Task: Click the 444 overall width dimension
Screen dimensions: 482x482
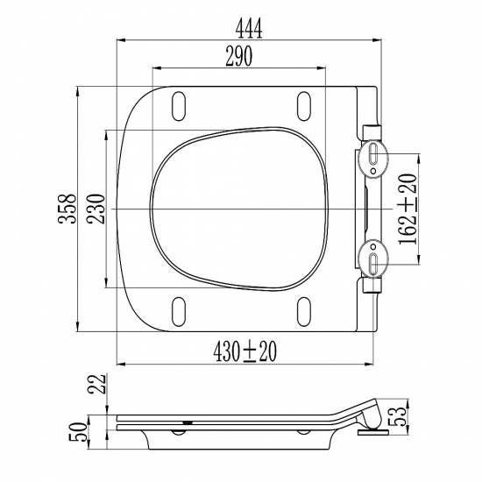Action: (x=249, y=29)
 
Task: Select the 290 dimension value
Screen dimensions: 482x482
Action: (x=239, y=56)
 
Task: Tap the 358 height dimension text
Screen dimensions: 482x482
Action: (x=67, y=209)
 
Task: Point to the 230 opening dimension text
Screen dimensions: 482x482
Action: (x=96, y=209)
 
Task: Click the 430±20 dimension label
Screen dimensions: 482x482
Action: (x=245, y=351)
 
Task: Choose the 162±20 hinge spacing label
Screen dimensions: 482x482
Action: (x=408, y=209)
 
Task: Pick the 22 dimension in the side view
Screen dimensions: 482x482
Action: (x=96, y=384)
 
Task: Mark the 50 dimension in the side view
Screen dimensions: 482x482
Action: (x=77, y=432)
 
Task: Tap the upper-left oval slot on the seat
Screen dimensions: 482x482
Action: (x=178, y=106)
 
